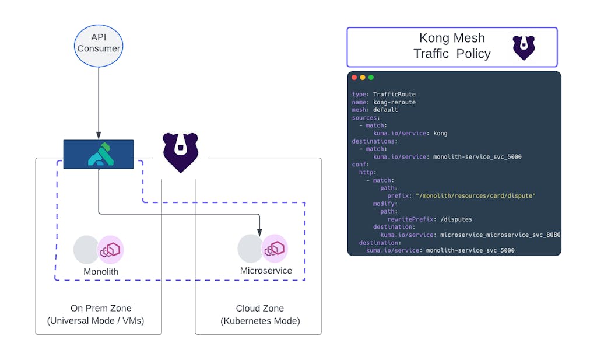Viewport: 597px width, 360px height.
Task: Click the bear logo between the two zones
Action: (x=180, y=152)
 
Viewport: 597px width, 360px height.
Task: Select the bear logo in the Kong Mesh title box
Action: (x=524, y=47)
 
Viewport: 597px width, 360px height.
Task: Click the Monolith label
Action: (x=101, y=272)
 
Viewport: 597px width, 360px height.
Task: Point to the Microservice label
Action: (x=266, y=271)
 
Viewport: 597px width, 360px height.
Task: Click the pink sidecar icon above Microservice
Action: (x=275, y=249)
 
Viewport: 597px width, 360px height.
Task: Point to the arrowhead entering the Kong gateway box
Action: (x=99, y=137)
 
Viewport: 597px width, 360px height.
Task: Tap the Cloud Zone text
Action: (x=260, y=309)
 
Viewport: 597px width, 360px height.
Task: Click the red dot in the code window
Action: (x=354, y=78)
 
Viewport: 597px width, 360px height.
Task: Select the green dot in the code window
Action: (x=371, y=78)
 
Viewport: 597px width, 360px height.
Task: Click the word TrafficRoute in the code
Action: (x=394, y=95)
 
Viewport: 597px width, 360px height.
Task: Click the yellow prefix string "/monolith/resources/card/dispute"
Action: (x=475, y=195)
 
